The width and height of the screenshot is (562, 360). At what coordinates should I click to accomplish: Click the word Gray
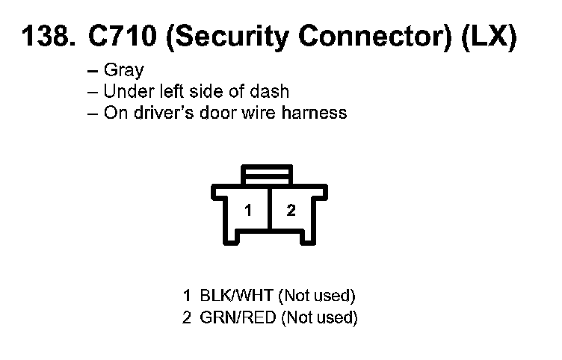coord(124,71)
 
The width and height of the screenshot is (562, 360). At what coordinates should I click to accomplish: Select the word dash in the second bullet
coord(273,92)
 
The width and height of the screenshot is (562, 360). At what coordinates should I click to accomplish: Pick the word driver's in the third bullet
coord(161,113)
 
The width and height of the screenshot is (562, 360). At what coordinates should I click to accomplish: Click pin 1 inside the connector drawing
coord(248,211)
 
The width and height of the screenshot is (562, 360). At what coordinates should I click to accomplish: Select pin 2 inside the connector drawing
coord(291,211)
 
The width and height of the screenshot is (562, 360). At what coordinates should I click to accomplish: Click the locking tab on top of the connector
coord(269,176)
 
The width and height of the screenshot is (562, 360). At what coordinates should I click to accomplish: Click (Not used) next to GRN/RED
coord(321,317)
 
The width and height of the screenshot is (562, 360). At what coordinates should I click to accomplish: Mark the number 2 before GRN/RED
coord(187,317)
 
